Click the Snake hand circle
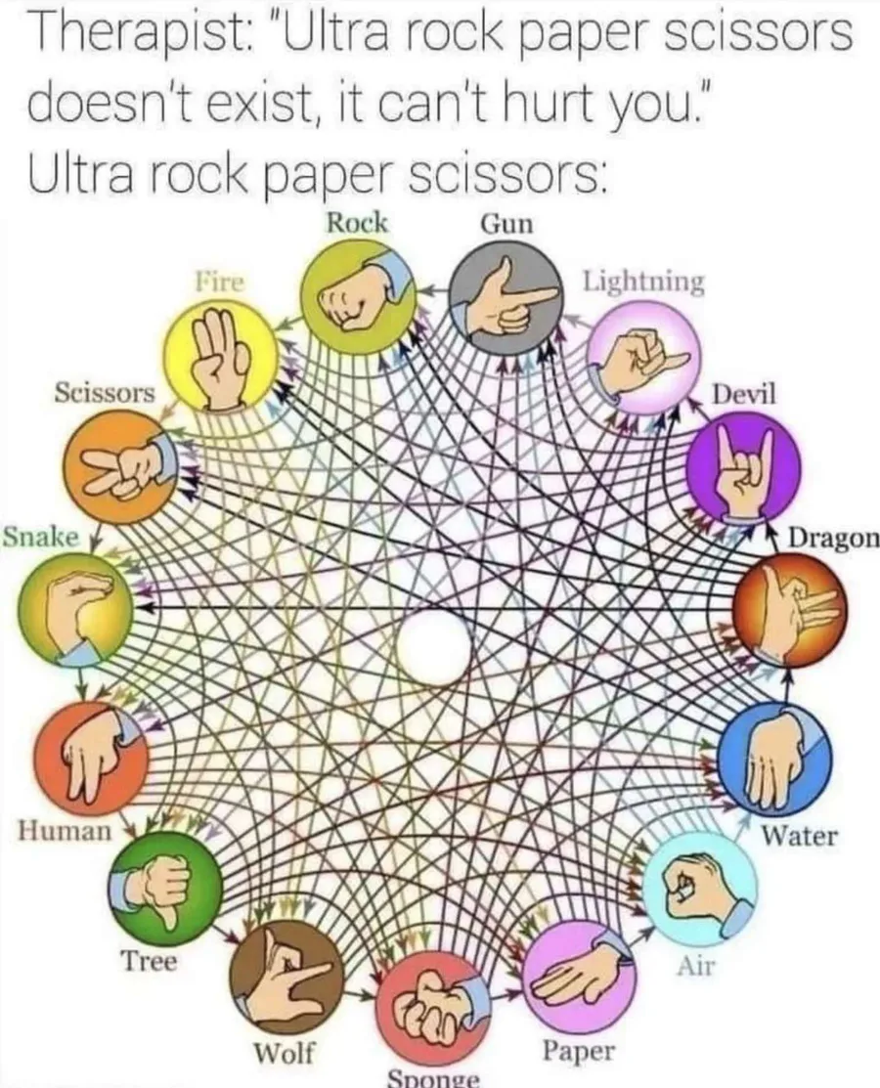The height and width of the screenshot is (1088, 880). coord(74,608)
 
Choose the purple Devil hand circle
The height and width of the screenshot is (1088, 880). coord(744,464)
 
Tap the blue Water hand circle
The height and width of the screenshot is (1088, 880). coord(774,757)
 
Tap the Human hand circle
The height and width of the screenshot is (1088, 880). coord(90,759)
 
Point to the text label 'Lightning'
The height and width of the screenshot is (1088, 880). coord(642,282)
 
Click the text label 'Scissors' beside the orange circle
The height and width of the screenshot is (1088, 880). coord(105,393)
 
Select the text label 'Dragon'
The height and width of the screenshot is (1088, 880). coord(833,539)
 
